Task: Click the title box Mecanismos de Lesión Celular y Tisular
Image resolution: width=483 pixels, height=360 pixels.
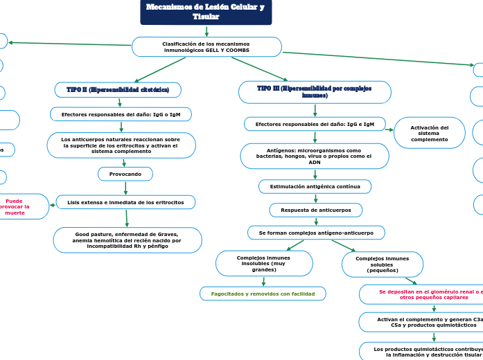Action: (206, 12)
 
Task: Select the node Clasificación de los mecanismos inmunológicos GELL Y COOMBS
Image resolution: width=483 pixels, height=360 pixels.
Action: (207, 47)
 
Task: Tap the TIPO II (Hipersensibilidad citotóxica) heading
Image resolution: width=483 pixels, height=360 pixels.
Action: (118, 90)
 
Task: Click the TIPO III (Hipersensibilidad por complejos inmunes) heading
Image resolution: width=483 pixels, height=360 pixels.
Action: (314, 92)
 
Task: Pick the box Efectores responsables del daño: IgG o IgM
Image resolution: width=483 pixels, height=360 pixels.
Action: (121, 114)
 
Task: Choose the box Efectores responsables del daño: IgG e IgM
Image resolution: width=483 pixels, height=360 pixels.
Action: (315, 124)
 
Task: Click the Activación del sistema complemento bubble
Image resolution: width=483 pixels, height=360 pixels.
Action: (429, 133)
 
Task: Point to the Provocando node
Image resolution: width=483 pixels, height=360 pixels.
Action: (125, 174)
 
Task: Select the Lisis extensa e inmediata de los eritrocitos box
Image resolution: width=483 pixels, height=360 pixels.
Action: (125, 202)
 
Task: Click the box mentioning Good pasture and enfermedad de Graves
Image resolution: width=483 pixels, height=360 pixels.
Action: (128, 240)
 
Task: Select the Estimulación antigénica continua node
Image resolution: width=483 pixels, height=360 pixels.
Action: (315, 187)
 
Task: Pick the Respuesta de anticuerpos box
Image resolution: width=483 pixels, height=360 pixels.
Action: (315, 210)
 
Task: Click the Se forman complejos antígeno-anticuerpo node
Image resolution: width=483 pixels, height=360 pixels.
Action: (316, 233)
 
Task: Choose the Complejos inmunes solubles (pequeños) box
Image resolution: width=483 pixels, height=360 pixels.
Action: (382, 264)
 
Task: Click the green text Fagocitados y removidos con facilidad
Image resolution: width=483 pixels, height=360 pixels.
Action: (263, 294)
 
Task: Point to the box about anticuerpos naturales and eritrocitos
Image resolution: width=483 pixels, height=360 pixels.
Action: (121, 145)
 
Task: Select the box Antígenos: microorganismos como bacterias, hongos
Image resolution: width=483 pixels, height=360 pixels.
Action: (314, 156)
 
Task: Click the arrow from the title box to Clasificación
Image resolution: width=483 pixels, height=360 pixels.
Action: (207, 31)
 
